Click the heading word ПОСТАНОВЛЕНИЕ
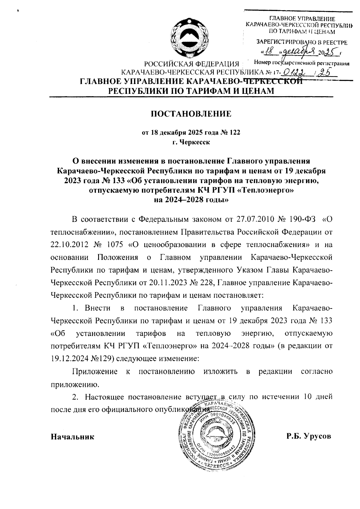pos(191,114)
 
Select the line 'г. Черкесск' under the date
pos(191,142)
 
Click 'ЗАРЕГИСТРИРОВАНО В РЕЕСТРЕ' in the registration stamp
pos(301,43)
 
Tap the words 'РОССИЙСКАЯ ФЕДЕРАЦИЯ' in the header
pos(191,64)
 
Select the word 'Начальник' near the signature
pos(72,436)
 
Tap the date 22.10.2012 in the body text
pos(69,244)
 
